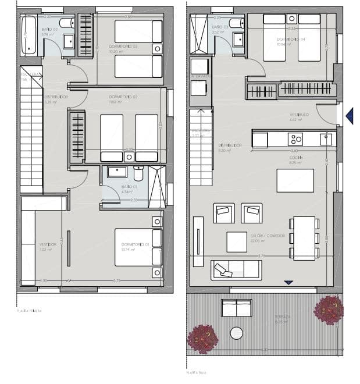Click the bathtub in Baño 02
click(x=29, y=35)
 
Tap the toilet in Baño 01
click(x=138, y=173)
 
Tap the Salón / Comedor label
click(x=268, y=236)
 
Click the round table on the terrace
click(x=236, y=333)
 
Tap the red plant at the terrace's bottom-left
click(x=202, y=338)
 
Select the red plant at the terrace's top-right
click(x=329, y=310)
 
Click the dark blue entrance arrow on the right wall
click(x=349, y=116)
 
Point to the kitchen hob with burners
click(x=295, y=139)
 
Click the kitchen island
click(x=295, y=180)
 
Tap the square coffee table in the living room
click(x=237, y=241)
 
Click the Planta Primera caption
click(x=29, y=311)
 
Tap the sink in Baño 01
click(x=117, y=172)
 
